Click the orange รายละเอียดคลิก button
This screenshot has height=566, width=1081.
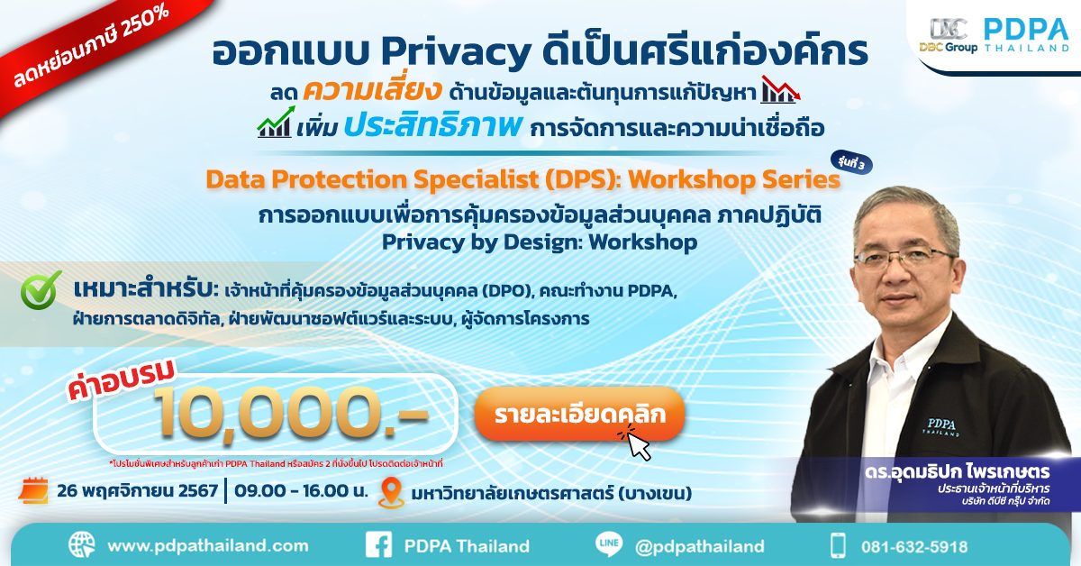(x=579, y=415)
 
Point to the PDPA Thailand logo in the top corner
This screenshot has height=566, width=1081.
(x=1025, y=34)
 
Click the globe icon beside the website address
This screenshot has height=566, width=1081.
(x=81, y=545)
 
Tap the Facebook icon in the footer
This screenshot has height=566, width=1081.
(x=378, y=545)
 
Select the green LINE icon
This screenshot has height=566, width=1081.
(x=608, y=545)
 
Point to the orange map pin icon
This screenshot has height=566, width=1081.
(x=390, y=493)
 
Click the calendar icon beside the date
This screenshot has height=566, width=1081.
(x=33, y=492)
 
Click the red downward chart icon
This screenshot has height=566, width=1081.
(x=780, y=91)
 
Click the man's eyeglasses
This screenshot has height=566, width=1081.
(x=904, y=256)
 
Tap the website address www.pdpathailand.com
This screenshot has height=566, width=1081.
(x=207, y=546)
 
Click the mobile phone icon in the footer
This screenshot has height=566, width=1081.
(x=839, y=545)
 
